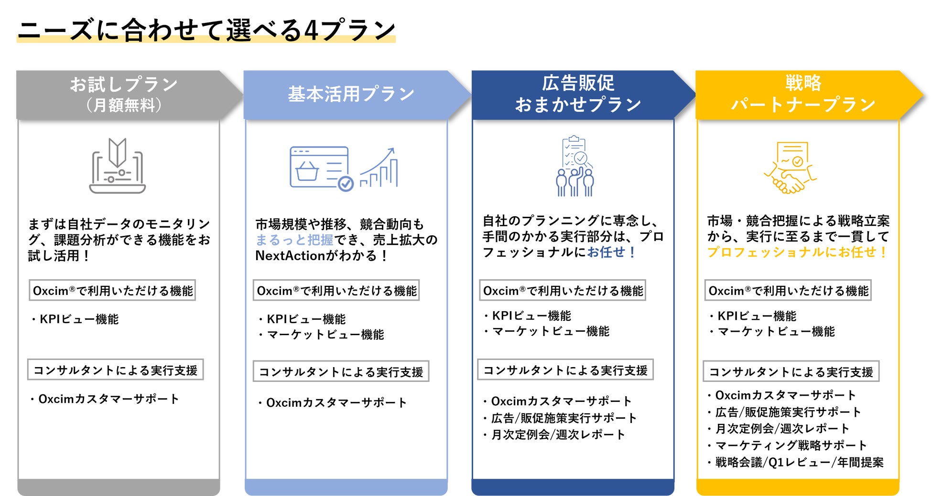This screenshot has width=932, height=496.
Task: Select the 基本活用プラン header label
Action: click(x=350, y=94)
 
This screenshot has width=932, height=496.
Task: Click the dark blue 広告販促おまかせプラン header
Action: click(x=578, y=94)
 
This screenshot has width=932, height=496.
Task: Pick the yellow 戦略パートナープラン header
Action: click(x=802, y=94)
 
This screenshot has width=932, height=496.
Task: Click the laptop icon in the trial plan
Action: click(x=118, y=166)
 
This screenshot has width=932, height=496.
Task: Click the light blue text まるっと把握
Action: click(x=294, y=240)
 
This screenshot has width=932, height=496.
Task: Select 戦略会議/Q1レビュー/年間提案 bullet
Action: click(x=799, y=462)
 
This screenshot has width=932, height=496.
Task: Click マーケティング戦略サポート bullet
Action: click(x=791, y=445)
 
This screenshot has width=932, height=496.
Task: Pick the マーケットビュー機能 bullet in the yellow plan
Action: click(x=776, y=332)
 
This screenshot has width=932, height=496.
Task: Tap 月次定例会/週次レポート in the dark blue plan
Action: click(x=558, y=434)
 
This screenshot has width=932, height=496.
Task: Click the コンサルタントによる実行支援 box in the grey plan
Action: click(x=115, y=370)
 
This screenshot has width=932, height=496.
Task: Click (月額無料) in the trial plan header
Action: click(x=124, y=105)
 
